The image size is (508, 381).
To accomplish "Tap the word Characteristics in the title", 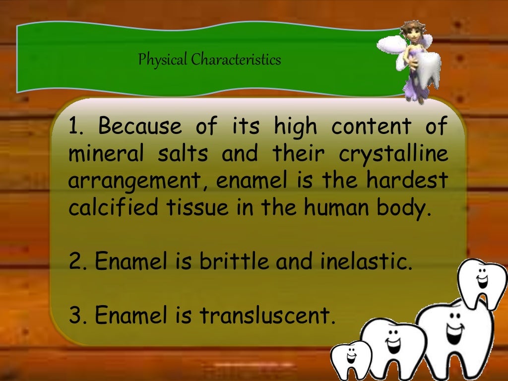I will (236, 60).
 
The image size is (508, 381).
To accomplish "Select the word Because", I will (140, 127).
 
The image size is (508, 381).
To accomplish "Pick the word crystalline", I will (393, 154).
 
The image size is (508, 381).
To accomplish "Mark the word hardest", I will (407, 181).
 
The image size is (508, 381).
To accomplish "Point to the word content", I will (371, 127).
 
